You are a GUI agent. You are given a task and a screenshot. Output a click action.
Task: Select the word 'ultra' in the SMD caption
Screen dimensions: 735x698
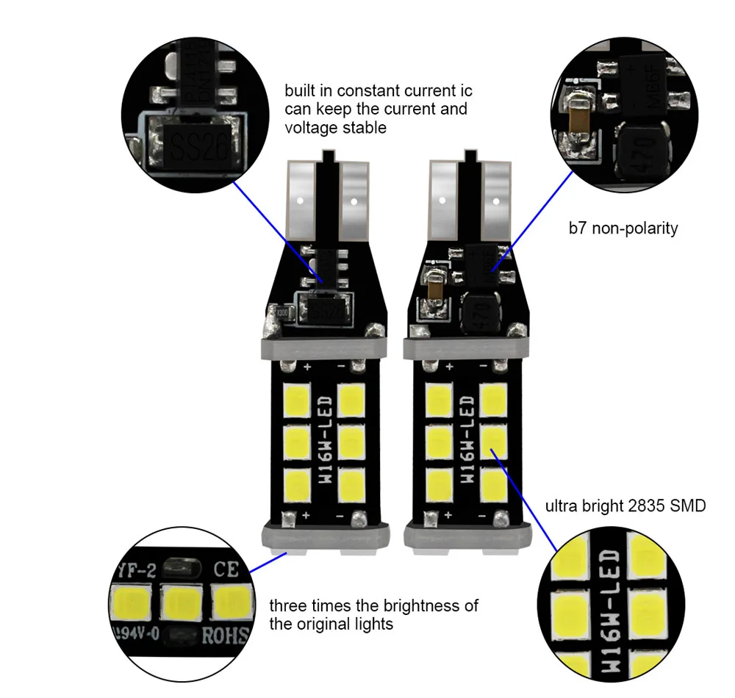(x=561, y=505)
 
